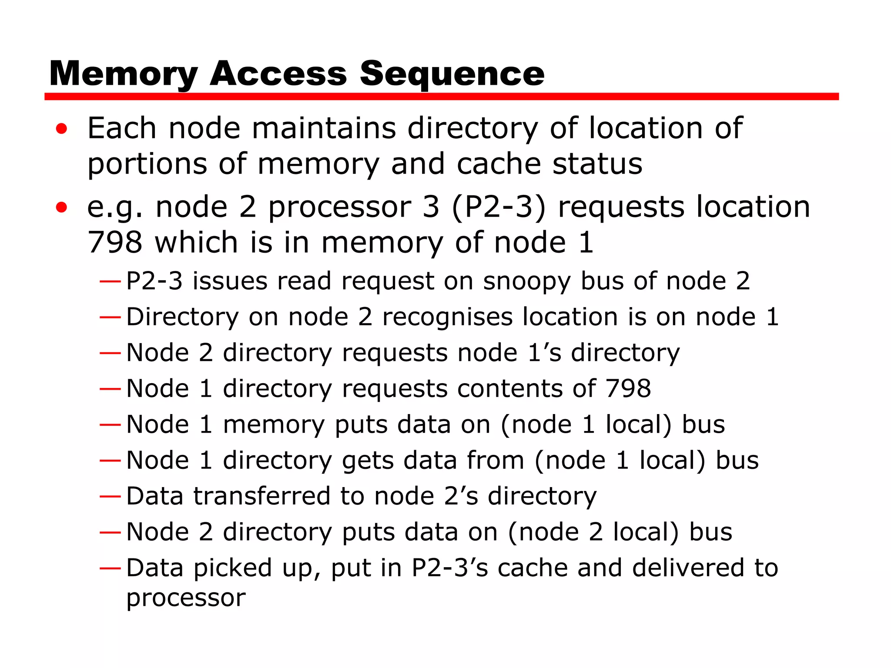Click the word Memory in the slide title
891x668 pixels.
coord(124,74)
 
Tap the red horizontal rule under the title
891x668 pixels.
coord(441,97)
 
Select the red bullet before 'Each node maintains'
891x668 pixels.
coord(62,129)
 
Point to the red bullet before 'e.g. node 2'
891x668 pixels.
coord(62,207)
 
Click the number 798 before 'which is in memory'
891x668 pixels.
coord(115,242)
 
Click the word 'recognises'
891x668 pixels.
coord(447,317)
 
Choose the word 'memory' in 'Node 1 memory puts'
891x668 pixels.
coord(274,424)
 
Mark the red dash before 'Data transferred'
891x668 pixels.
coord(110,496)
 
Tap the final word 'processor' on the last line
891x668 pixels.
coord(186,598)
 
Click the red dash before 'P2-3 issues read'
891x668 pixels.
coord(110,281)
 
